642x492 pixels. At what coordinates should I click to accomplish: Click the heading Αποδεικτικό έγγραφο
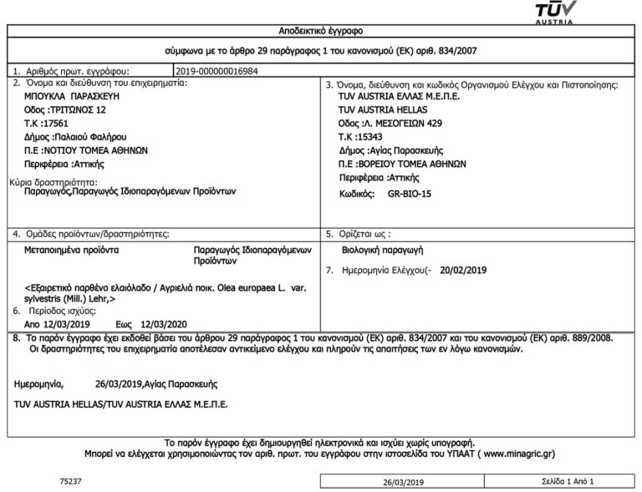point(321,31)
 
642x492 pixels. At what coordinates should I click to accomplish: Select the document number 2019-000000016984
point(217,71)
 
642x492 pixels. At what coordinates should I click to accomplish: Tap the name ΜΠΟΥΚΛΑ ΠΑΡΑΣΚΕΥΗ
point(67,97)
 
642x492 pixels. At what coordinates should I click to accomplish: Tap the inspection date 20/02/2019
point(462,271)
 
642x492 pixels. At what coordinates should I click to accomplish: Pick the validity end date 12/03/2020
point(166,322)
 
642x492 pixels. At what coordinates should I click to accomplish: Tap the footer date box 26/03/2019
point(404,483)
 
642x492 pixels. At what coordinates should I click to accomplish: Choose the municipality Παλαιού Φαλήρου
point(88,135)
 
